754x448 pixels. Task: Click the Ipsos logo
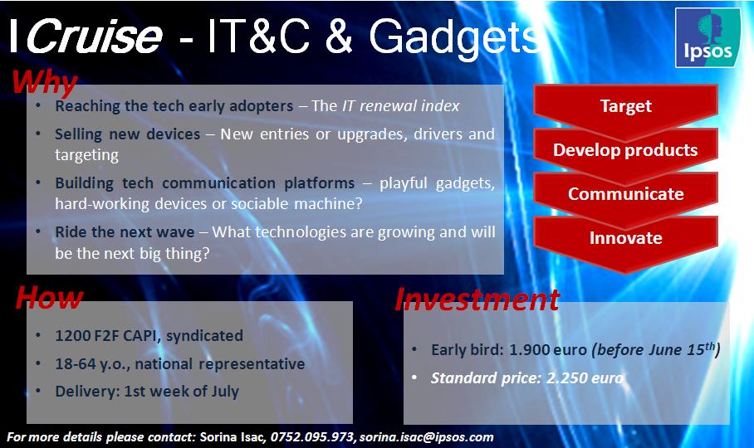707,37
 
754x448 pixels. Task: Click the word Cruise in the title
95,37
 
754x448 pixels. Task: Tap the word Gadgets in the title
454,38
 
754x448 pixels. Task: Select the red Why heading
44,82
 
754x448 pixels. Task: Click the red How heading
49,298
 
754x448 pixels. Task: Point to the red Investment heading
477,299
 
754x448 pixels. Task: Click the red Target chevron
625,110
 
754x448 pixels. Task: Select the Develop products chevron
625,153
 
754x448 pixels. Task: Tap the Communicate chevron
625,197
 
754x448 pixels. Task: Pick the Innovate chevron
625,242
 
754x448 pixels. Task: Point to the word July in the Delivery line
225,392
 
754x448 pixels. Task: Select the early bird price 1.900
528,349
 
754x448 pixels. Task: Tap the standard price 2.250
566,377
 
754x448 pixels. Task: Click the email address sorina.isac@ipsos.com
427,437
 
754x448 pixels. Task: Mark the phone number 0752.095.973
312,437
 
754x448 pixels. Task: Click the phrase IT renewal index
401,105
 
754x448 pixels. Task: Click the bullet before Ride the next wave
38,232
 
